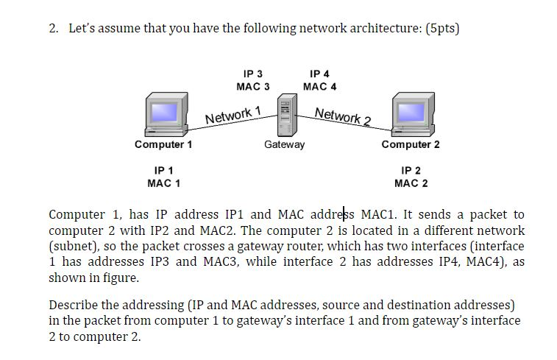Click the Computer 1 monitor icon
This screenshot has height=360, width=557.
(164, 115)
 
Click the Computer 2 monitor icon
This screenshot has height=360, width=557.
(411, 115)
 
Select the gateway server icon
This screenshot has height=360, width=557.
(284, 118)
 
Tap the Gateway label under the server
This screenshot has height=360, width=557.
(284, 144)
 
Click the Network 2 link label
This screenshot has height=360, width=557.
(342, 116)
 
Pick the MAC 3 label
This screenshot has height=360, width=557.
(252, 86)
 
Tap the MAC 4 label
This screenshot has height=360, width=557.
(319, 86)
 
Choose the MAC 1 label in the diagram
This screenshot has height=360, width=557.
(163, 183)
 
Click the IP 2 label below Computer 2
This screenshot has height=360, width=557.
(411, 170)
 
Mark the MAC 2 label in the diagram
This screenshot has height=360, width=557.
(411, 183)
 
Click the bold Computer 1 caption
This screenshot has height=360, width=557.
(163, 144)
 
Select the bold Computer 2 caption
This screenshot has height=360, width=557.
(411, 144)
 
